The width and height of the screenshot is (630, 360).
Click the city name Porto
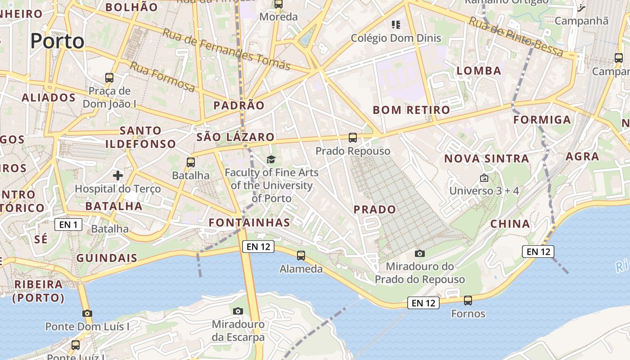click(58, 41)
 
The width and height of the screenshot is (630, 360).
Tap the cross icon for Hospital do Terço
click(118, 175)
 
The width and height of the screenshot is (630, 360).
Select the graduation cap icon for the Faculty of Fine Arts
click(271, 159)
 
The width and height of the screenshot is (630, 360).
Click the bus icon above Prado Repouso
click(353, 138)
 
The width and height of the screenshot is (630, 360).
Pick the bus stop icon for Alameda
click(301, 256)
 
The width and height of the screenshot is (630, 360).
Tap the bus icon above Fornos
click(468, 300)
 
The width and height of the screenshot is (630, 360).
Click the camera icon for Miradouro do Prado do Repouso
click(420, 254)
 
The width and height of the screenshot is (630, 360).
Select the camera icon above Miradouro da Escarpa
click(238, 311)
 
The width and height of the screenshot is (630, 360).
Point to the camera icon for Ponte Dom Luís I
click(87, 313)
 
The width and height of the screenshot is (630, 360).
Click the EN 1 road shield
click(68, 224)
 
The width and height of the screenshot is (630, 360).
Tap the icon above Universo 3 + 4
click(484, 178)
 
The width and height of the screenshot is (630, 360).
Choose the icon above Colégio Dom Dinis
click(396, 24)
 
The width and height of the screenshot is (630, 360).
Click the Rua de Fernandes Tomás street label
click(226, 49)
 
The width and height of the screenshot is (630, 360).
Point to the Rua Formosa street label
click(162, 77)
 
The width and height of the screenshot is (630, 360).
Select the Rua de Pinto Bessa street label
click(516, 37)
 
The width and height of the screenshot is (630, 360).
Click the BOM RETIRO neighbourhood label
click(411, 110)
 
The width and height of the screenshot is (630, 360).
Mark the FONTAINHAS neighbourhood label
click(249, 222)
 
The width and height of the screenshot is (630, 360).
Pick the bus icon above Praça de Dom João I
click(109, 77)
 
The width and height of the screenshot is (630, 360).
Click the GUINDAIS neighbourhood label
click(107, 258)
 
